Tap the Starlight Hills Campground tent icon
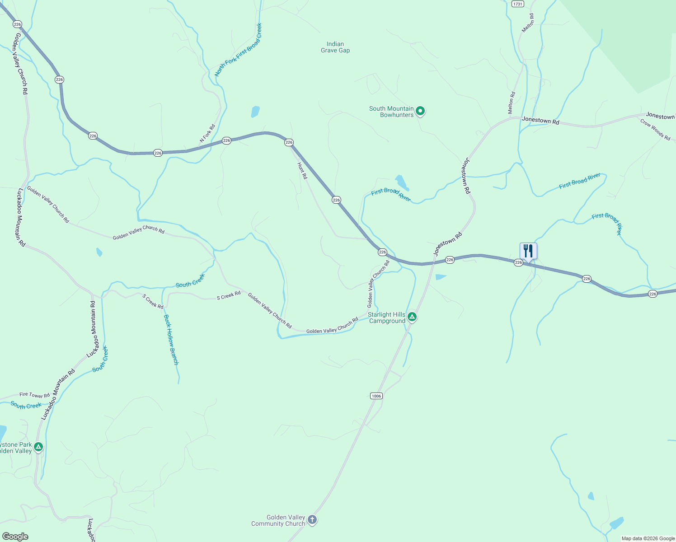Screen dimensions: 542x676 (412, 317)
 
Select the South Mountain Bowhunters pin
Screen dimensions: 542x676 (420, 111)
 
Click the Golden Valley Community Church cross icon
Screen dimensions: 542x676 (312, 520)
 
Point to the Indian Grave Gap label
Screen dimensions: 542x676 (335, 47)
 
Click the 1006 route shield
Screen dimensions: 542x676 (376, 396)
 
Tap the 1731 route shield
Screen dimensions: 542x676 (517, 4)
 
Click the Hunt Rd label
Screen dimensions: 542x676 (302, 171)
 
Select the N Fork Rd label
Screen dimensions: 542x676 (208, 134)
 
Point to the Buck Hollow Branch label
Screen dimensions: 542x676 (171, 340)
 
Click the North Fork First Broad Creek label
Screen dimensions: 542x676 (238, 50)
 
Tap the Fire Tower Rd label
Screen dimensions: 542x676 (34, 395)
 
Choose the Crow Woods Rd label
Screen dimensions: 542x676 (655, 129)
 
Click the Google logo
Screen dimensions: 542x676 (15, 537)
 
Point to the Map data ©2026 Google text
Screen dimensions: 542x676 (648, 538)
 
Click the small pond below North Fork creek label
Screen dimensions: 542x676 (255, 112)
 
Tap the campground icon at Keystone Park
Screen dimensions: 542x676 (38, 447)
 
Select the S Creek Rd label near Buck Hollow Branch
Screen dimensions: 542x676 (153, 302)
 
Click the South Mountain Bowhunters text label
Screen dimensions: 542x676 (391, 112)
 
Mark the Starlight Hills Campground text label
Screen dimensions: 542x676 (386, 318)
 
